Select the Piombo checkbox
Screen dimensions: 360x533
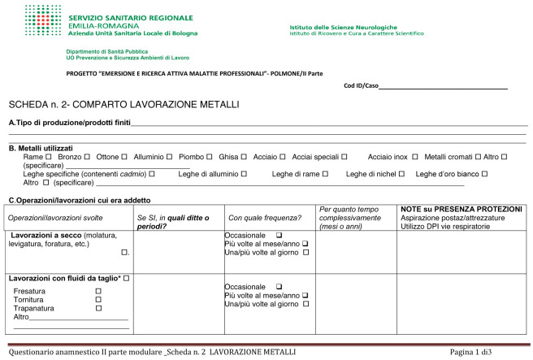(210, 156)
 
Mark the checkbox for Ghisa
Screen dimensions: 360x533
(245, 156)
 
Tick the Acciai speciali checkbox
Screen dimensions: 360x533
(344, 156)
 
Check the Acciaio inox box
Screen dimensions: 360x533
(415, 156)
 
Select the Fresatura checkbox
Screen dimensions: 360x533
(98, 291)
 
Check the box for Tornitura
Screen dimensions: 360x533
(98, 300)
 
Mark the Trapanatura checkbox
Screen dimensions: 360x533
(98, 309)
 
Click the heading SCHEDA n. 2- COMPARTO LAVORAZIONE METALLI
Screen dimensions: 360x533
(123, 106)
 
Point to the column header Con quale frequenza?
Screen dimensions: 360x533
(265, 218)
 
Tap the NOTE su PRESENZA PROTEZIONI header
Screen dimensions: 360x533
(458, 210)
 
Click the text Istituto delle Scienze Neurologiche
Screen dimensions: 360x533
(344, 28)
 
